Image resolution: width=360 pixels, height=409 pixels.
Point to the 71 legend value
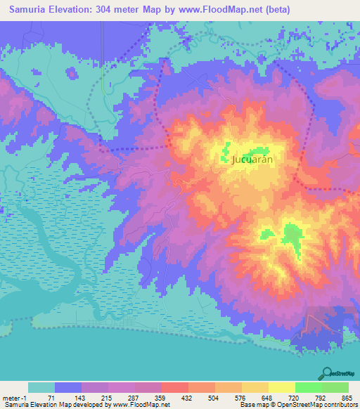(51, 398)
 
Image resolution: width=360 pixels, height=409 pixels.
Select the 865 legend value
(346, 398)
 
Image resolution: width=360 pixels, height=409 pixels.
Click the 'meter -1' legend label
(13, 398)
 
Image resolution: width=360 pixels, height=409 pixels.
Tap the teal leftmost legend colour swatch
(41, 387)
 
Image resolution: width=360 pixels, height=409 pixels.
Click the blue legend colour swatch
(68, 387)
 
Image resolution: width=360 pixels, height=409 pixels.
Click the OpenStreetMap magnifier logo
(327, 372)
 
